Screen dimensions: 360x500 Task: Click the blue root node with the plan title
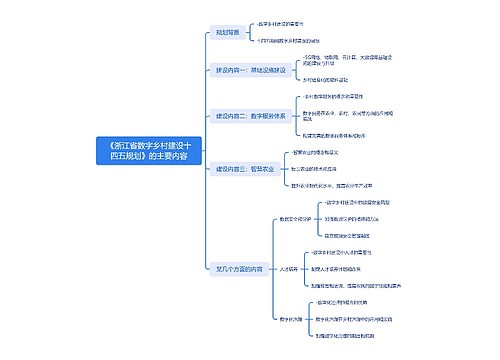tap(142, 151)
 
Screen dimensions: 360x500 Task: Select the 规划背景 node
tap(228, 32)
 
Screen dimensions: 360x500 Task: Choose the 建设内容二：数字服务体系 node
tap(251, 115)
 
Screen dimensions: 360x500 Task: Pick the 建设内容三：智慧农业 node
tap(246, 170)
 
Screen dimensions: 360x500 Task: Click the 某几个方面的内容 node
tap(240, 268)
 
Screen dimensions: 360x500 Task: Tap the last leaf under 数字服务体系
tap(341, 134)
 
